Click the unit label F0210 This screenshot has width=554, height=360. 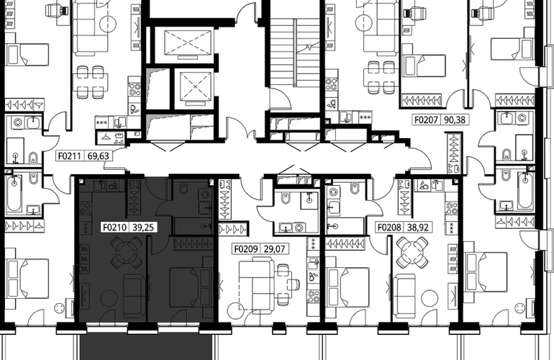coord(114,227)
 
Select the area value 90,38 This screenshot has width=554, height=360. coord(455,120)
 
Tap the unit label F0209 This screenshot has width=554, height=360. coord(246,249)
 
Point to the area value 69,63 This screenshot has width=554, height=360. coord(99,156)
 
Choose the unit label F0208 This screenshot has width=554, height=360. coord(389,227)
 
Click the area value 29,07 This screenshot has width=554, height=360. coord(274,249)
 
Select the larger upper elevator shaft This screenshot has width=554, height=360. coord(189,42)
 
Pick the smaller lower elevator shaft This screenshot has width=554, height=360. coord(195,87)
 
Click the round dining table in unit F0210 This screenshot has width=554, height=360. coord(127,252)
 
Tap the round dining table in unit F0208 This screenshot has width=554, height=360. coord(412,253)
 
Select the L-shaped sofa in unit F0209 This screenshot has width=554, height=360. coord(256,279)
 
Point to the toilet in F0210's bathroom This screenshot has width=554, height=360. coord(184,189)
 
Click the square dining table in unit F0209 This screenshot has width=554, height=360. coord(284,283)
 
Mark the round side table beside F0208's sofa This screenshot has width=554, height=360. coord(430,298)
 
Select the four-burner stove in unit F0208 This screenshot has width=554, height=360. coord(451,207)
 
